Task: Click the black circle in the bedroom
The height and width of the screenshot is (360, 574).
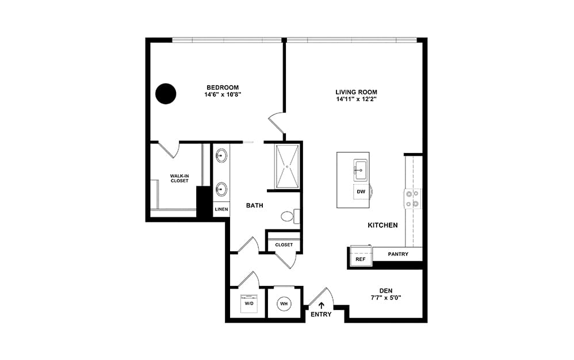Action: pos(166,94)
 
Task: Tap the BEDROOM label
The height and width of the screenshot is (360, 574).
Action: pos(223,87)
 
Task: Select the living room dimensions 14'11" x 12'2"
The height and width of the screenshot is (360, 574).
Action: pos(356,99)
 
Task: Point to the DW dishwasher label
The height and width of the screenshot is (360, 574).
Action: pos(361,192)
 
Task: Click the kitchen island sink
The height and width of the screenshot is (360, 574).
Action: pos(360,170)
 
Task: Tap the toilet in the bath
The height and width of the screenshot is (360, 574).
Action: pos(290,216)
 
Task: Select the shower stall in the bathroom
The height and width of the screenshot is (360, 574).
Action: pos(288,166)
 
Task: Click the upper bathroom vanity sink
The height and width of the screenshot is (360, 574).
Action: pos(221,156)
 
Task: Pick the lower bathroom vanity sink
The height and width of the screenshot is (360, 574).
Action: pos(221,190)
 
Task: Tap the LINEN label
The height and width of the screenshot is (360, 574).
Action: pos(221,209)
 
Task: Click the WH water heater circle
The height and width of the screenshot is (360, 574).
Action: pos(284,304)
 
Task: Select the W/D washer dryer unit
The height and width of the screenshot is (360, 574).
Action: pos(249,303)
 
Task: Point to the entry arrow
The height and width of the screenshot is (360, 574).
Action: pos(322,306)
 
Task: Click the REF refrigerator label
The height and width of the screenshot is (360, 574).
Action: pos(361,259)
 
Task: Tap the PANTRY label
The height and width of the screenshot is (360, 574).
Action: pos(398,254)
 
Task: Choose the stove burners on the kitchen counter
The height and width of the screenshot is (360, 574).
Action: pos(412,198)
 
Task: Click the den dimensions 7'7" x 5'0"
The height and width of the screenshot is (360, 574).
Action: pos(386,298)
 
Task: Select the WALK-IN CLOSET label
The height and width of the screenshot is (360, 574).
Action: pos(179,178)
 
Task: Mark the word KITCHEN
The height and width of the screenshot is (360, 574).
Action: pos(382,225)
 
